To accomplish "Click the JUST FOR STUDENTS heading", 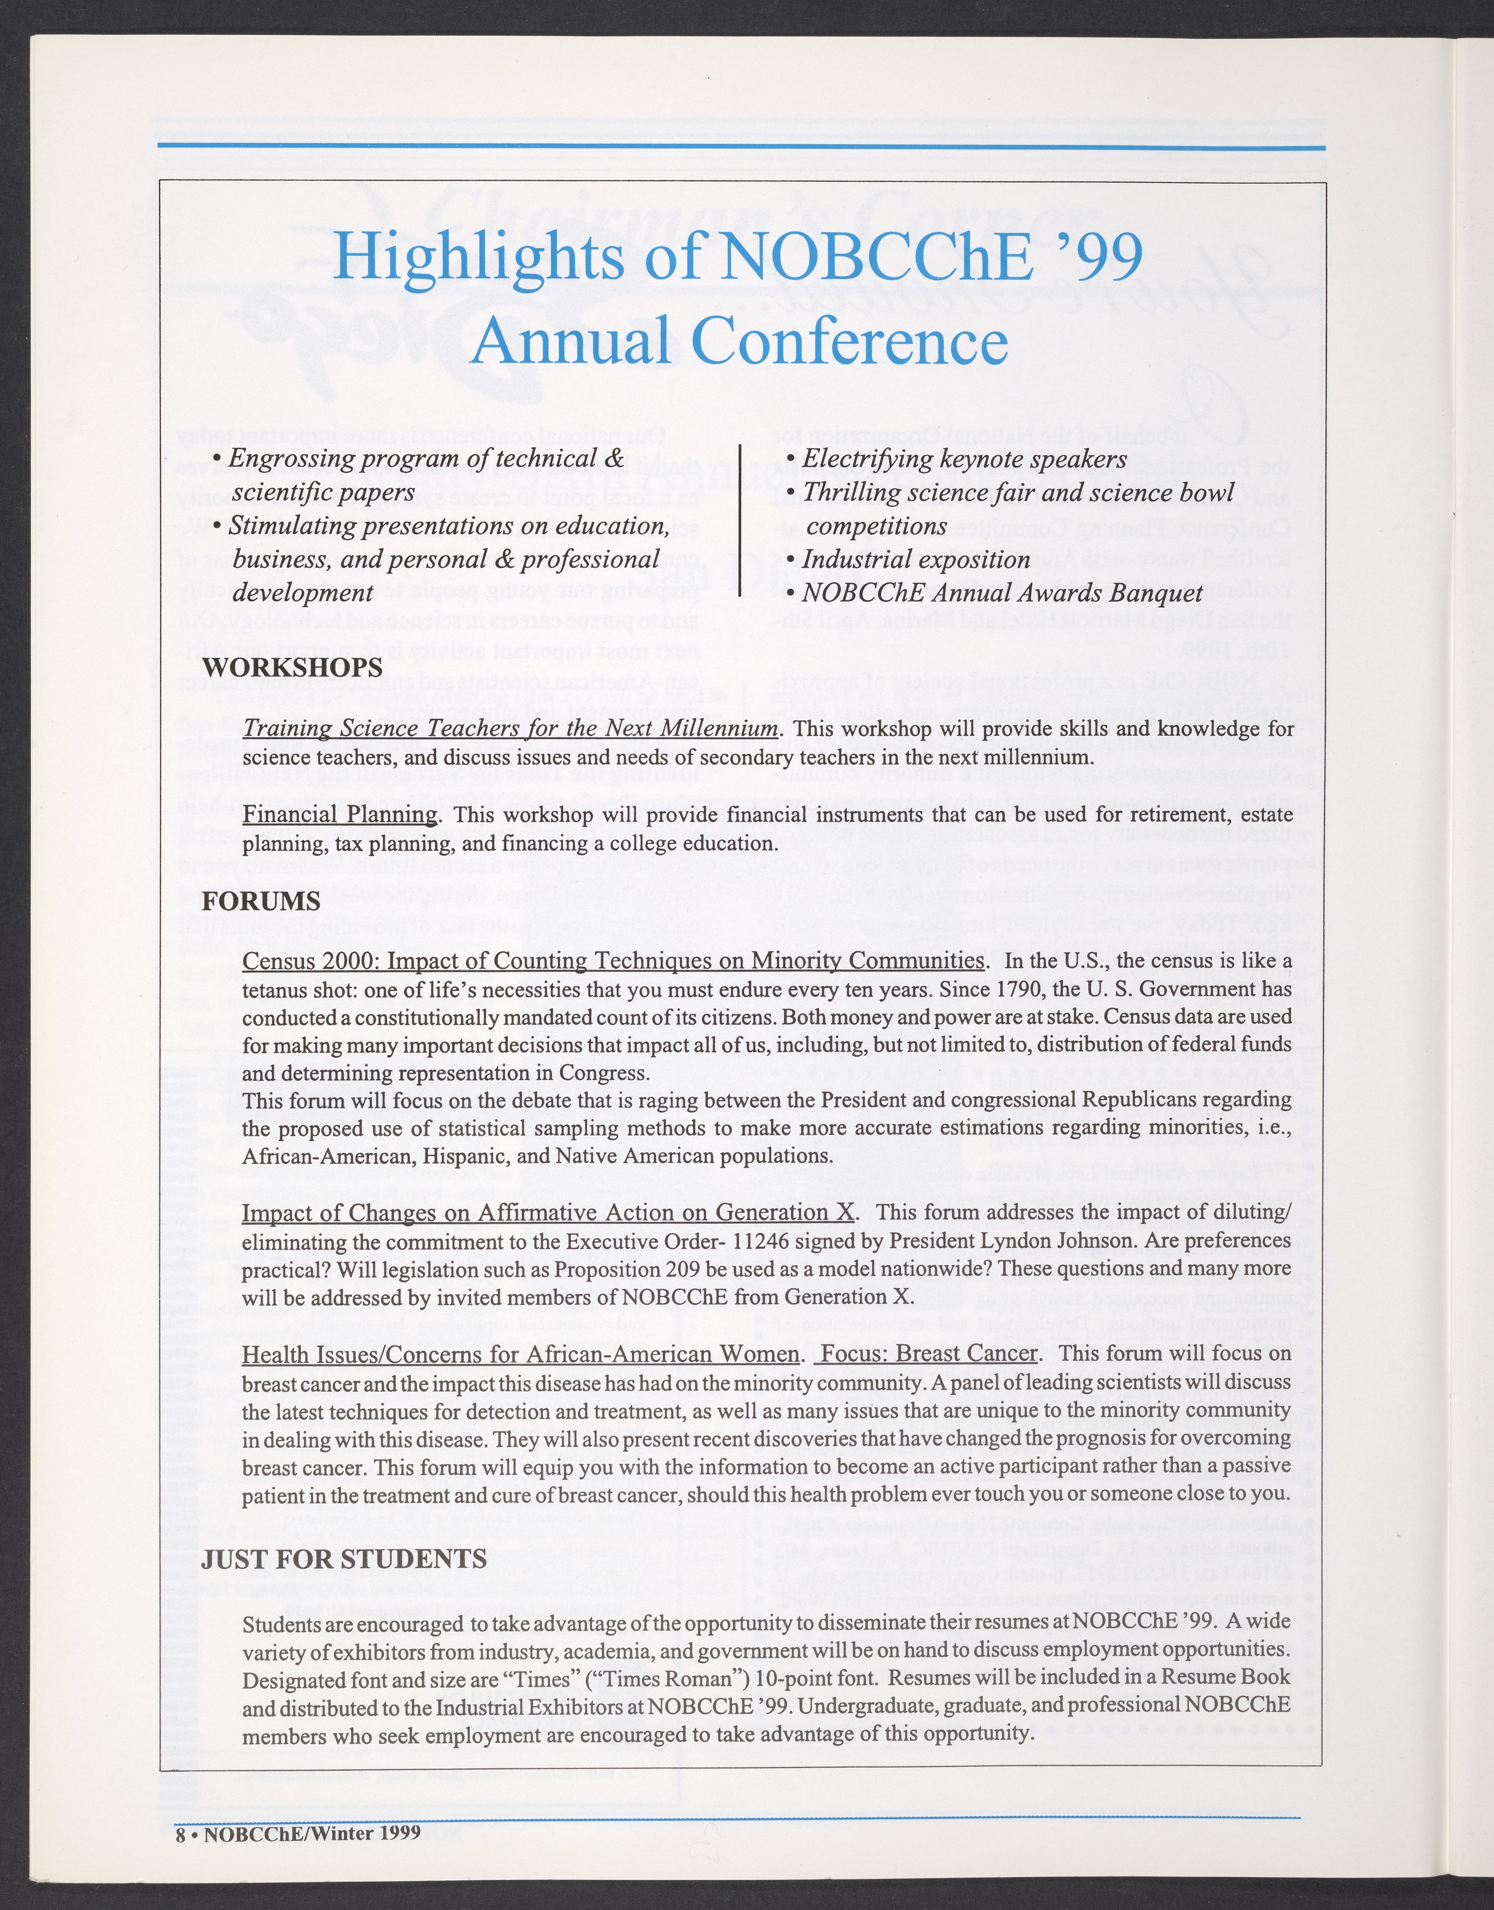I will coord(344,1558).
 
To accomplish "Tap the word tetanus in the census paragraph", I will coord(280,989).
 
